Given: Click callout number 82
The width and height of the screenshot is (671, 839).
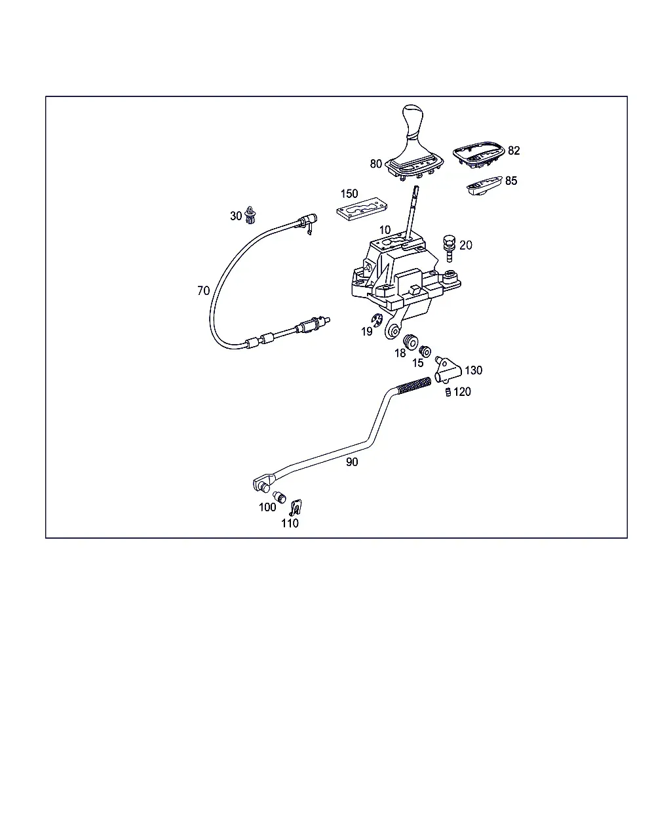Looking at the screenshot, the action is (x=514, y=151).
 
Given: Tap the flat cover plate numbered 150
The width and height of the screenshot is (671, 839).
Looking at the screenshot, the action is (x=362, y=210).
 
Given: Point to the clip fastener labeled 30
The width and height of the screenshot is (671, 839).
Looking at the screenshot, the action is (x=250, y=215).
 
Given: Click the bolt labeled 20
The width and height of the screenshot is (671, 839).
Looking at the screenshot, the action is (x=449, y=248).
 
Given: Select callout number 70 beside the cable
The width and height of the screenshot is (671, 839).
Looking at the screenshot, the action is (x=204, y=290).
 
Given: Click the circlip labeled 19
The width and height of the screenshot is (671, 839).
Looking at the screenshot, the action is (x=377, y=320).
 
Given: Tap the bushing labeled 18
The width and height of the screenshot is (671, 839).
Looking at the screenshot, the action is (x=410, y=341).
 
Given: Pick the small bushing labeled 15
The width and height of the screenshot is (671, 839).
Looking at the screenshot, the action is (x=425, y=351).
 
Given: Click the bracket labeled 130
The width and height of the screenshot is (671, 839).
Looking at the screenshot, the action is (x=448, y=370).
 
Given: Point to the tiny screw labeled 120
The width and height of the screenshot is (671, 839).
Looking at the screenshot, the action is (x=448, y=392).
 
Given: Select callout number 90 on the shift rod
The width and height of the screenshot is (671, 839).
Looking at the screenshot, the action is (x=352, y=462).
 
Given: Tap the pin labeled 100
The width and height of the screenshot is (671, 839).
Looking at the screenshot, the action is (x=279, y=497).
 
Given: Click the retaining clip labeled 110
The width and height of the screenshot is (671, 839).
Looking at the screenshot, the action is (x=297, y=507).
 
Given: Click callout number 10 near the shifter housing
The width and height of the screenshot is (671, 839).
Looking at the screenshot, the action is (x=385, y=229).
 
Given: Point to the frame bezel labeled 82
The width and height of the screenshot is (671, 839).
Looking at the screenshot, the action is (x=479, y=155).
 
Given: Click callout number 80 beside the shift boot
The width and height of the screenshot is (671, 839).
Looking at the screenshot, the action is (x=376, y=164).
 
